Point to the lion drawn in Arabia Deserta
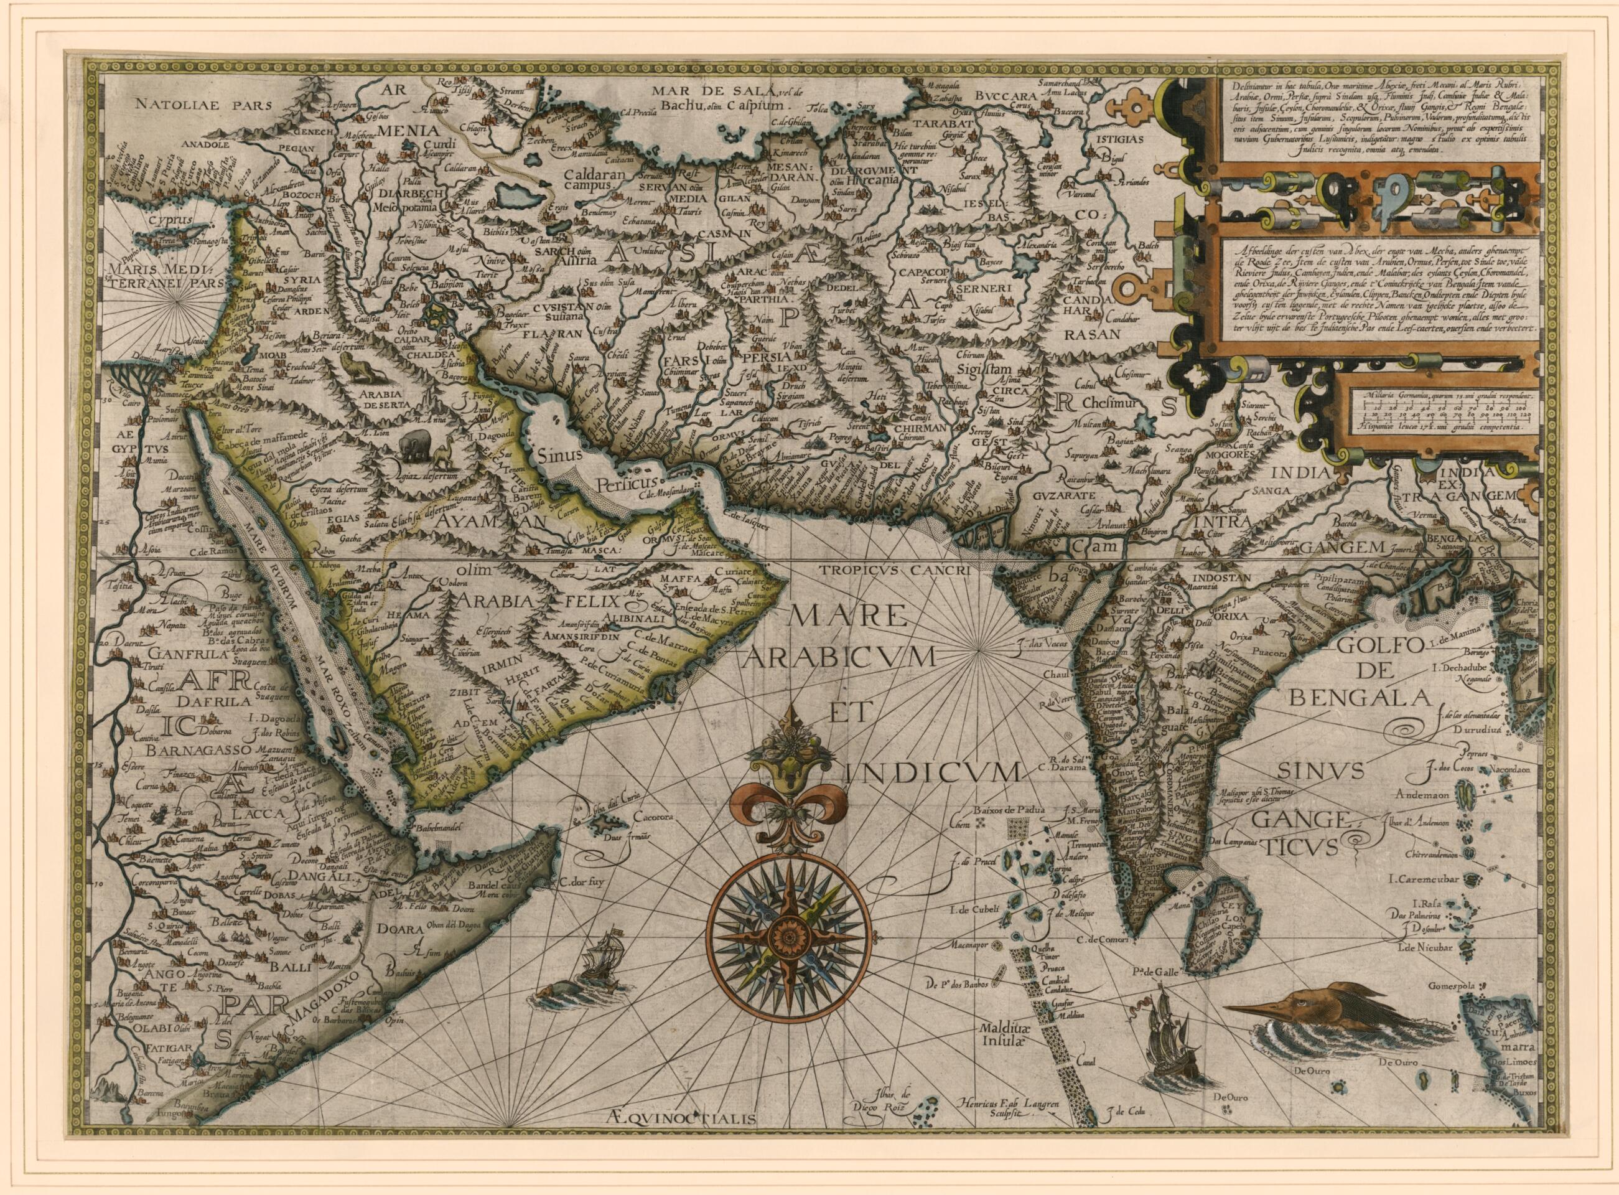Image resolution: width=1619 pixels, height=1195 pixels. coord(360,371)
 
